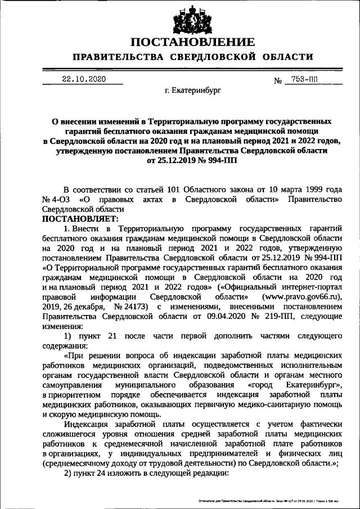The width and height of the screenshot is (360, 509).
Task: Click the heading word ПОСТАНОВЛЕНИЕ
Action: [192, 42]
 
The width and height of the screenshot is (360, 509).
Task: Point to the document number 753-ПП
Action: [304, 80]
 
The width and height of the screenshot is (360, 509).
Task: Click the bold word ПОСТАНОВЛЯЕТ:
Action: [78, 218]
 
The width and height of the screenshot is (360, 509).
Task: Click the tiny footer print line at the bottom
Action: [271, 500]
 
